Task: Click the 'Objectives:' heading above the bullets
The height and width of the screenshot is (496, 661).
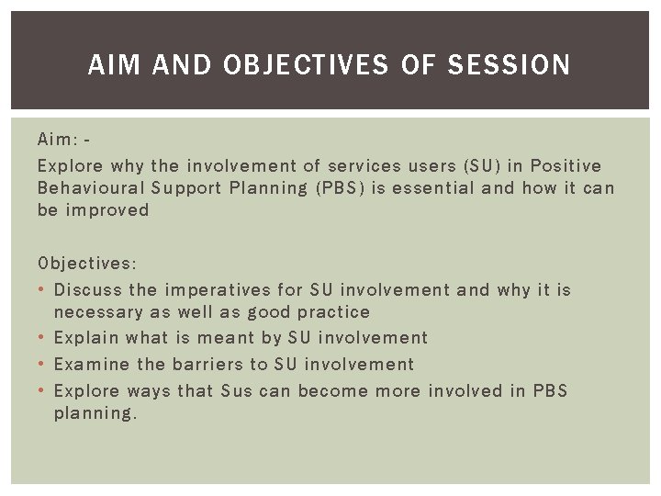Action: (x=87, y=264)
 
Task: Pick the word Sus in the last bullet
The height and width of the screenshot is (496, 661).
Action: (x=238, y=390)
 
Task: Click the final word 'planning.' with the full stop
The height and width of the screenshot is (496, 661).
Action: (x=95, y=413)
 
